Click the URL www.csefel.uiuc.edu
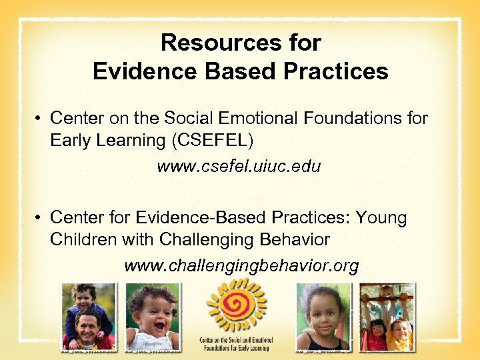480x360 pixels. (x=239, y=166)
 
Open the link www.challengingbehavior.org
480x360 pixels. (x=241, y=266)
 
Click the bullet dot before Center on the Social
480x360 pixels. (x=40, y=119)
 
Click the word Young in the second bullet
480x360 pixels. (x=381, y=218)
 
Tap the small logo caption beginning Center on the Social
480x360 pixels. (x=236, y=343)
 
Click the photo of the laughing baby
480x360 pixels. (x=152, y=317)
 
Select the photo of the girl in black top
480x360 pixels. (x=323, y=317)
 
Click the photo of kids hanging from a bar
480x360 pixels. (x=387, y=317)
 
